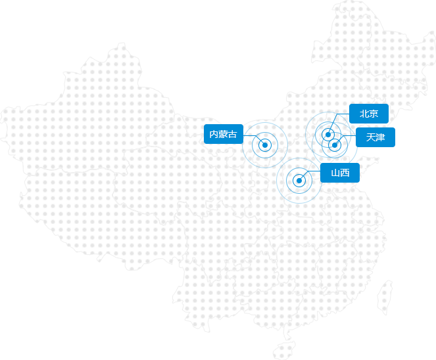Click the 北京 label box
click(x=369, y=114)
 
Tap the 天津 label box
click(x=375, y=137)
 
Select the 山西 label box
click(x=340, y=173)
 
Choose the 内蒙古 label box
click(x=224, y=134)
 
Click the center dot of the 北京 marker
click(x=328, y=135)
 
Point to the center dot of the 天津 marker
click(x=335, y=145)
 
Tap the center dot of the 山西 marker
click(x=299, y=181)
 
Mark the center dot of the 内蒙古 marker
click(x=265, y=145)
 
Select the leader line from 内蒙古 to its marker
click(x=252, y=135)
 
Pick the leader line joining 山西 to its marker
click(x=310, y=173)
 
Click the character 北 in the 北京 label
click(x=364, y=114)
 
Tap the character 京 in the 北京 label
click(x=374, y=114)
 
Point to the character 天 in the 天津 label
click(x=371, y=137)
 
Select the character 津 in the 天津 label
click(x=381, y=137)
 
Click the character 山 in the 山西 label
click(x=335, y=173)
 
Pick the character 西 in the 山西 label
click(x=345, y=173)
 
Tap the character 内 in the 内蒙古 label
click(x=214, y=134)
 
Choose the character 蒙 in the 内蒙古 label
click(x=223, y=134)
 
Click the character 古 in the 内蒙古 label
click(x=232, y=134)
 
